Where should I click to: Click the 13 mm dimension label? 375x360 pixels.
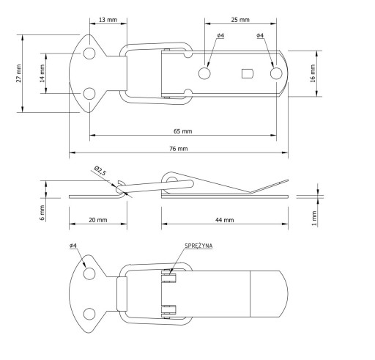(x=108, y=20)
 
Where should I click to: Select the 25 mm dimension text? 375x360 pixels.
(x=240, y=20)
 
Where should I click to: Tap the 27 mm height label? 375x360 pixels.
(x=19, y=73)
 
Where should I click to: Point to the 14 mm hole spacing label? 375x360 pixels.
(x=42, y=73)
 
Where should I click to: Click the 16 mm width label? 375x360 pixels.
(x=313, y=73)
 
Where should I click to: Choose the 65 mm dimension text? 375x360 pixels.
(x=183, y=131)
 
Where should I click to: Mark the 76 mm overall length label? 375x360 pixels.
(x=179, y=149)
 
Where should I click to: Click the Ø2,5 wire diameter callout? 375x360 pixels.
(x=100, y=170)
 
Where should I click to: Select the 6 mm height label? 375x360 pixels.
(x=42, y=213)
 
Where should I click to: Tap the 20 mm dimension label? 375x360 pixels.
(x=98, y=220)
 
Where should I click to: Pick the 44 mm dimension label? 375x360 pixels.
(x=225, y=220)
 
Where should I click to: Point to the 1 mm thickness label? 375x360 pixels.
(x=314, y=218)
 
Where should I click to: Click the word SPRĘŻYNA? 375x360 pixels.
(x=198, y=246)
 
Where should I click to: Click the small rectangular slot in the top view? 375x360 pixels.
(x=248, y=73)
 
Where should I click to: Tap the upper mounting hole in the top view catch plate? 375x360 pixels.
(x=89, y=54)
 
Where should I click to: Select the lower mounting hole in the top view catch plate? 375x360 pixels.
(x=89, y=94)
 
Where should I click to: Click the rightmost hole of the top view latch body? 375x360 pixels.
(x=276, y=73)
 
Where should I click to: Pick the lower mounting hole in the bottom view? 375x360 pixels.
(x=89, y=314)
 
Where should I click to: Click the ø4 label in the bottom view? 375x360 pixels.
(x=73, y=246)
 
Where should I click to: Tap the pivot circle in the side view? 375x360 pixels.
(x=172, y=181)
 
